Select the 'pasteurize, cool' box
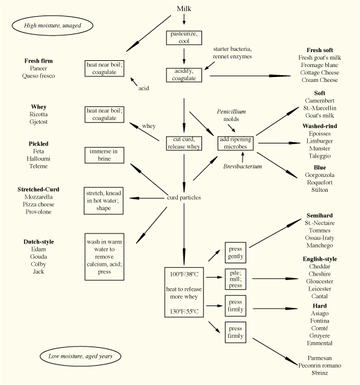pyautogui.click(x=184, y=37)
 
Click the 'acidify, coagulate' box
pyautogui.click(x=184, y=75)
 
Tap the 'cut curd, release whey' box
pyautogui.click(x=183, y=143)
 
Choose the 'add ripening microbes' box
pyautogui.click(x=236, y=143)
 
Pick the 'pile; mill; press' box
pyautogui.click(x=236, y=278)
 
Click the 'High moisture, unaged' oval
pyautogui.click(x=52, y=25)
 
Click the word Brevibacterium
pyautogui.click(x=242, y=166)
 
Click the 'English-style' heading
pyautogui.click(x=320, y=258)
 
